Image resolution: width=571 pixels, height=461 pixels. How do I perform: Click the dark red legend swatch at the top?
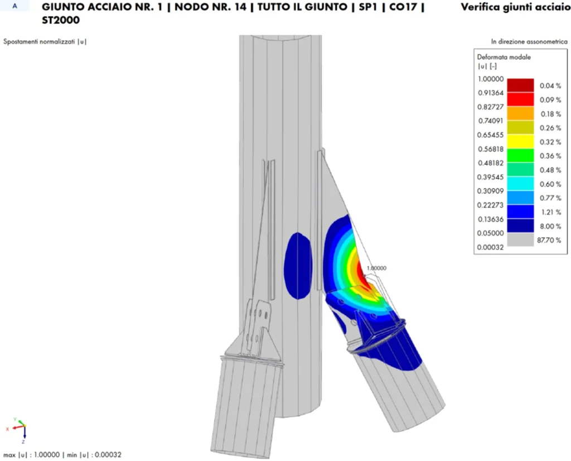[x=520, y=85]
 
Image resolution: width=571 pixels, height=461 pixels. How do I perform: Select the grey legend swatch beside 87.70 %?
[x=520, y=240]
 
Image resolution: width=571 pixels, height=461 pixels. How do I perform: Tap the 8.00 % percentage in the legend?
[x=550, y=226]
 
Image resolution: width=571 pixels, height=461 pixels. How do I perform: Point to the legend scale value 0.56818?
[x=490, y=149]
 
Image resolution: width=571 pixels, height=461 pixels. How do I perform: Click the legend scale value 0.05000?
[x=490, y=233]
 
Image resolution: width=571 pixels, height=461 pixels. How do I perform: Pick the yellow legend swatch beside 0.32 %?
[x=520, y=141]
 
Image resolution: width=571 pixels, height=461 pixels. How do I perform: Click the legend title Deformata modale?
[x=504, y=57]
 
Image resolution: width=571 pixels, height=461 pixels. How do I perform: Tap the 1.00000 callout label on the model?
[x=376, y=268]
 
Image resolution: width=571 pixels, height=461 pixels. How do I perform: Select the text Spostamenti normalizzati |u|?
[x=45, y=41]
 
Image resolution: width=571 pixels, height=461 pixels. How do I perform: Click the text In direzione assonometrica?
[x=529, y=41]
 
